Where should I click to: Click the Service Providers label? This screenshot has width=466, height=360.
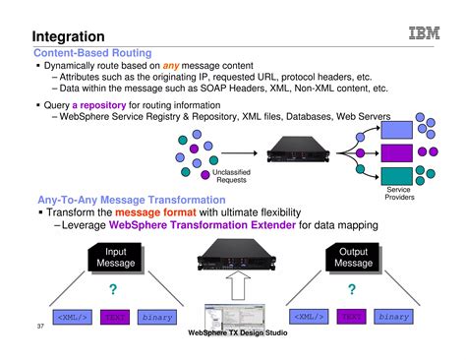click(398, 194)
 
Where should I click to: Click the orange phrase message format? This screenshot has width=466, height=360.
click(153, 211)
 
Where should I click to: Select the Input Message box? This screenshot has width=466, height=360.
click(114, 257)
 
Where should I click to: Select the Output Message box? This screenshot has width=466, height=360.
click(353, 257)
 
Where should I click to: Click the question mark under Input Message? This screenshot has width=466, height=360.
click(113, 288)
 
